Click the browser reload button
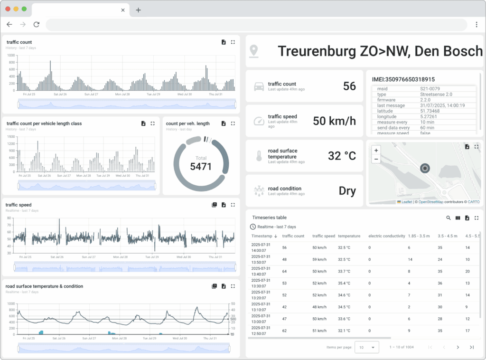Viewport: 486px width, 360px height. pos(37,25)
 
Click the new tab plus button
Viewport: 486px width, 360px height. pos(138,10)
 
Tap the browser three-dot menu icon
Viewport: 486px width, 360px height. pos(477,25)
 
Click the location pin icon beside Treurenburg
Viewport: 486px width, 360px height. pos(254,50)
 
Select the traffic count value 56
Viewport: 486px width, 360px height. pos(349,86)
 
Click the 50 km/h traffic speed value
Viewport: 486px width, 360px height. pos(334,121)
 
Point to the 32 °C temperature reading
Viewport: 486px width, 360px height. pos(342,156)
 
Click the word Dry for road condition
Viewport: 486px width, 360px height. pos(347,191)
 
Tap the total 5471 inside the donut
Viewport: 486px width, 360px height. pos(201,167)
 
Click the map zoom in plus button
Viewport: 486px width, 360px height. pos(376,150)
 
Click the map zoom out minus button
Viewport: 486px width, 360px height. pos(376,159)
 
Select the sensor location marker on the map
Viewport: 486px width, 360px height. pos(424,168)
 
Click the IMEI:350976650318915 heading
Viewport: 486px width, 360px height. pos(403,79)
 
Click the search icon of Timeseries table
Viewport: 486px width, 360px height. pos(449,218)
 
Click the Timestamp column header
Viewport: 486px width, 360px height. pos(262,236)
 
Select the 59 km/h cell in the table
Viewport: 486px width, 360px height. pos(319,259)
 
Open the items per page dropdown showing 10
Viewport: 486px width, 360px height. pos(367,347)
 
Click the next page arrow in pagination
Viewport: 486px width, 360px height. pos(458,347)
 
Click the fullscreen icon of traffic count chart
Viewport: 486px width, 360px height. pos(233,42)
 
